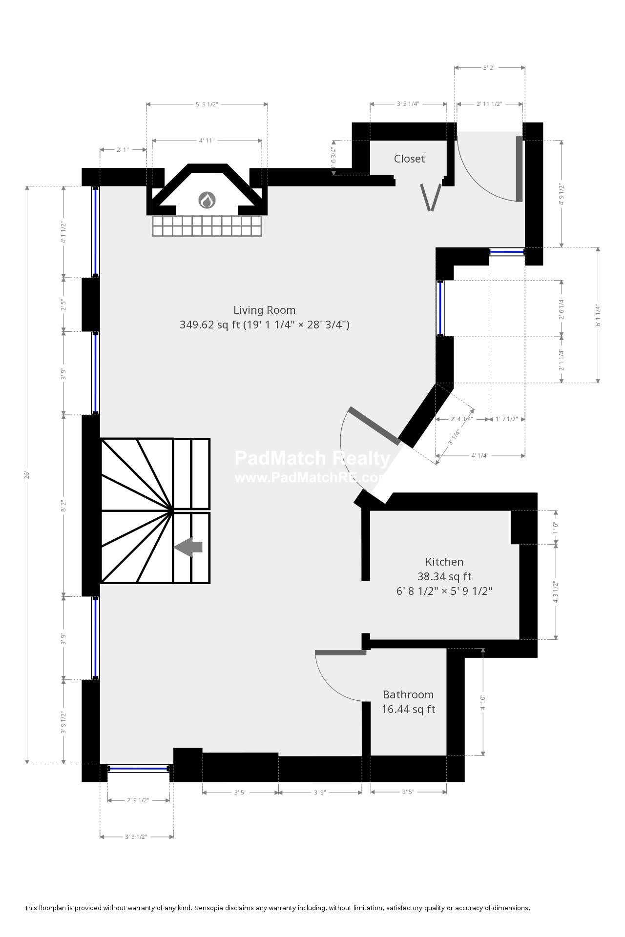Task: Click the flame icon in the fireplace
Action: point(207,200)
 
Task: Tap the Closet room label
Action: point(409,159)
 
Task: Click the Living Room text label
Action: point(264,310)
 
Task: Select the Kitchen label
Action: point(444,562)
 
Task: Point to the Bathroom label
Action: point(408,694)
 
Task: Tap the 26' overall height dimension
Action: point(27,474)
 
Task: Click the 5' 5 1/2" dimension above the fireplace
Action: point(207,104)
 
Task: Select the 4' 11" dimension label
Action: point(207,141)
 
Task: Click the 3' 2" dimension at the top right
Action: point(489,68)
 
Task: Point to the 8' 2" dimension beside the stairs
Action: point(63,506)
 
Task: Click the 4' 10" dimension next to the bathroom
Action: point(483,702)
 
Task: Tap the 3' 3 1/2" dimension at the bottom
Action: point(136,836)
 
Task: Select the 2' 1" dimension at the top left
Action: point(123,150)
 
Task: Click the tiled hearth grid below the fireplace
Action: point(207,226)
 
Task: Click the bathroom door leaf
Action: point(340,652)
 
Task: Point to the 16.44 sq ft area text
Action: point(408,709)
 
